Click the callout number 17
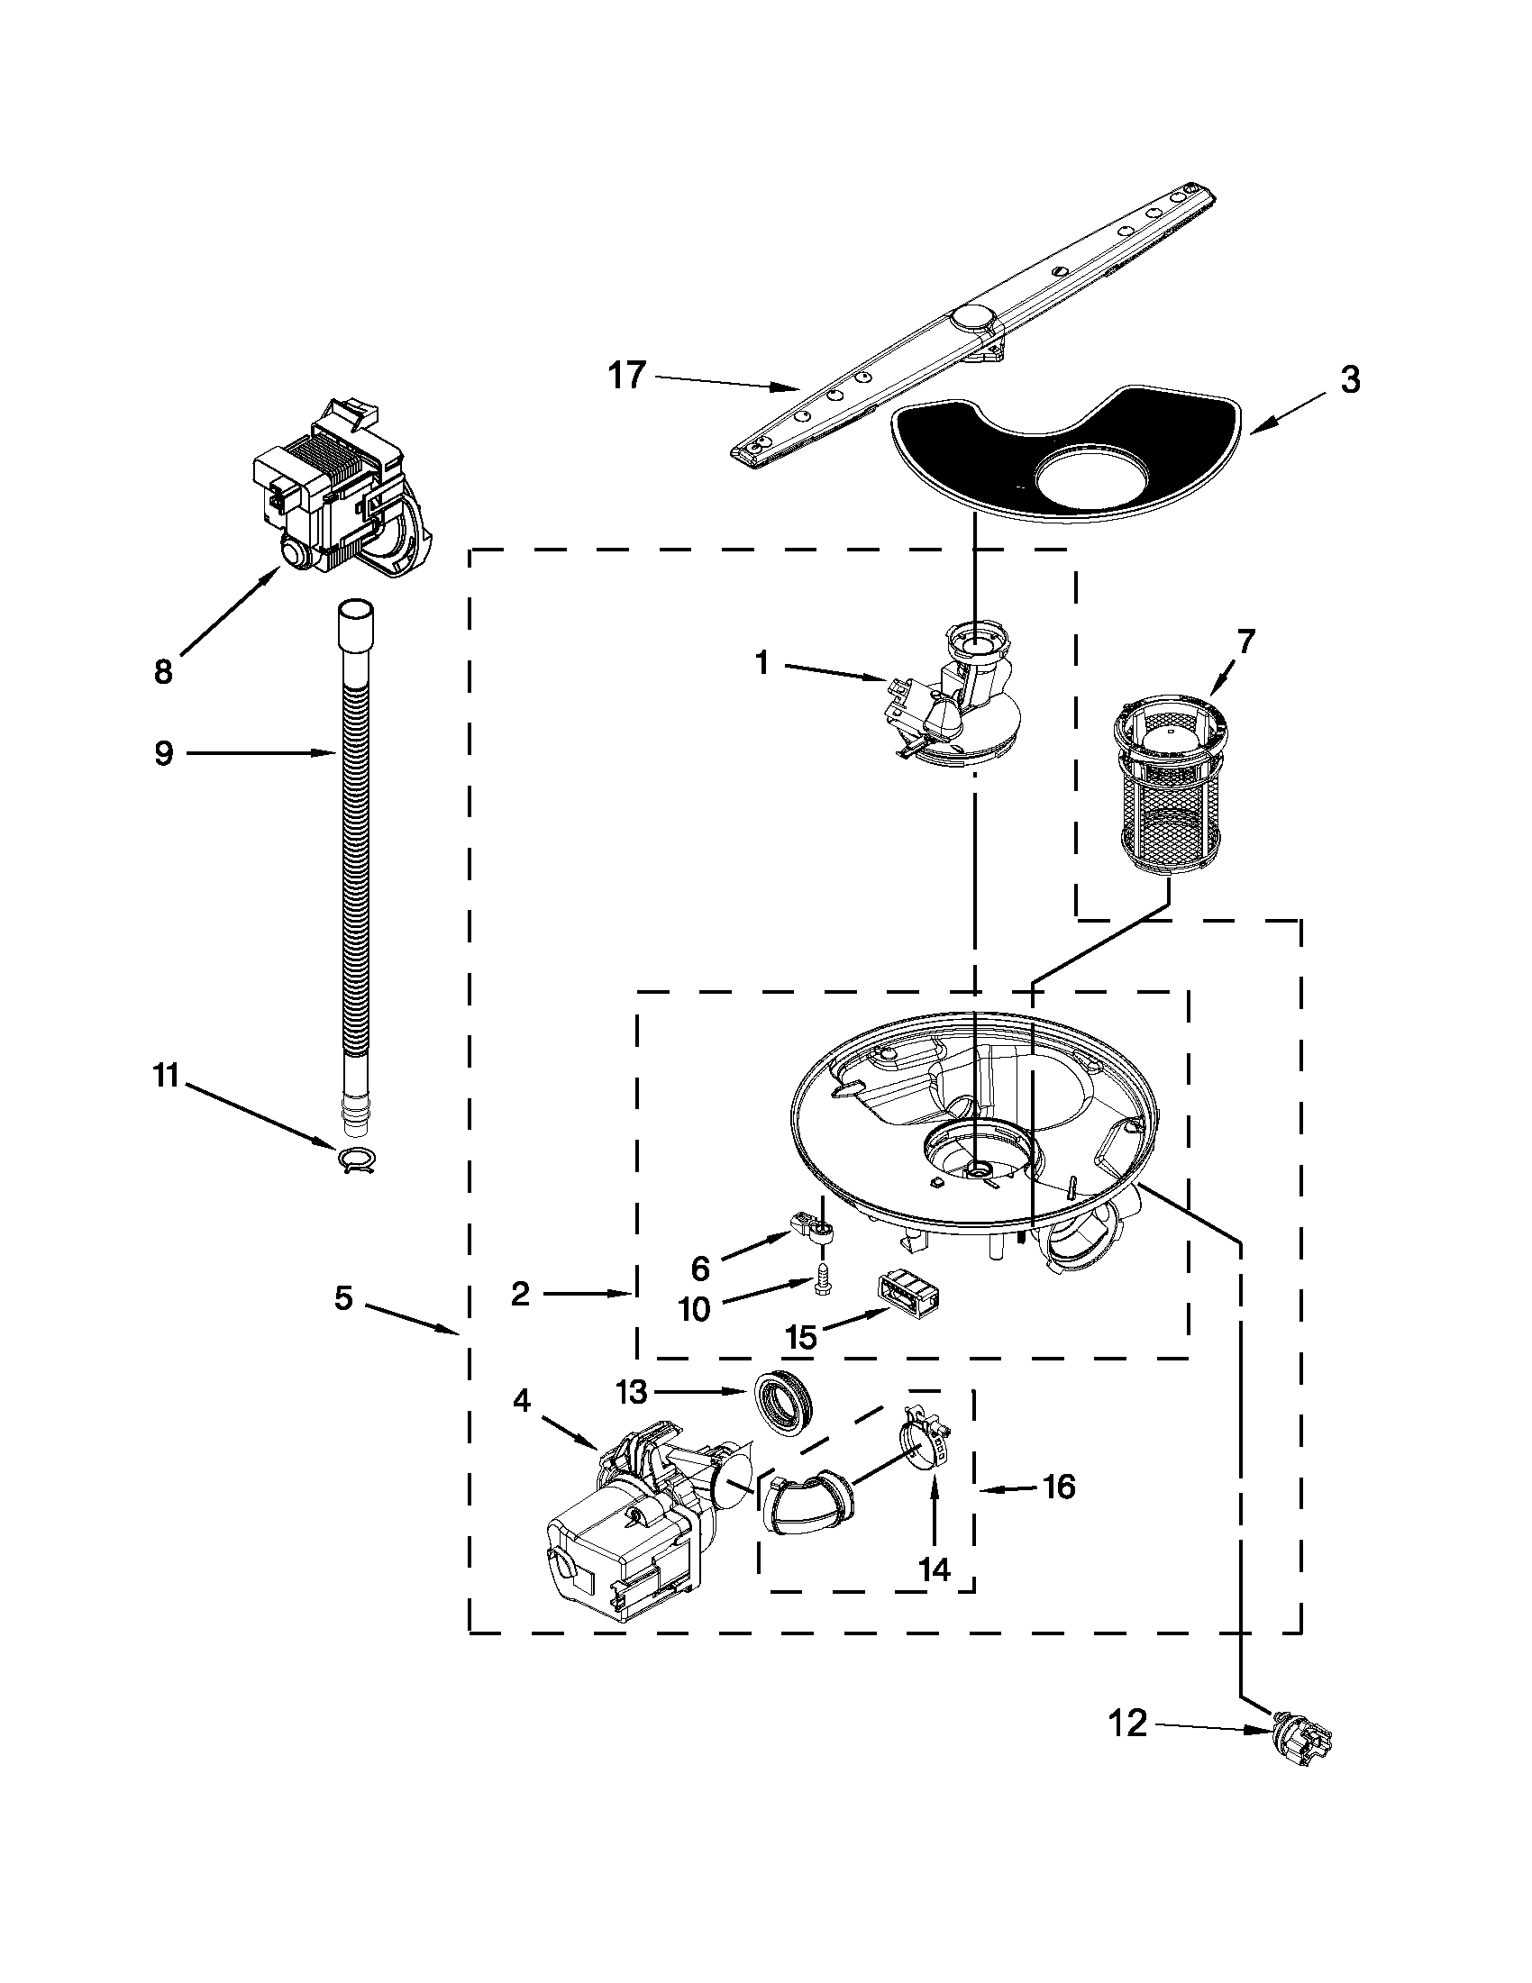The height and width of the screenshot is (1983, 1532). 626,375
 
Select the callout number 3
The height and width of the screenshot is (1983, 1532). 1350,379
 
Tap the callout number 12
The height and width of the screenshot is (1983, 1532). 1129,1724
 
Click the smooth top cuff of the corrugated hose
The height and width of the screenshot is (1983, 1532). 355,623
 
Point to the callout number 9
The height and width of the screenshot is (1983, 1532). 163,752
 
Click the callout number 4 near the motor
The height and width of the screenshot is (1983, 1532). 520,1401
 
